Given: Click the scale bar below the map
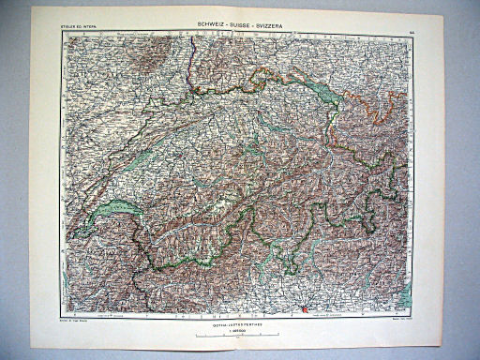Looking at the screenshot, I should point(239,335).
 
